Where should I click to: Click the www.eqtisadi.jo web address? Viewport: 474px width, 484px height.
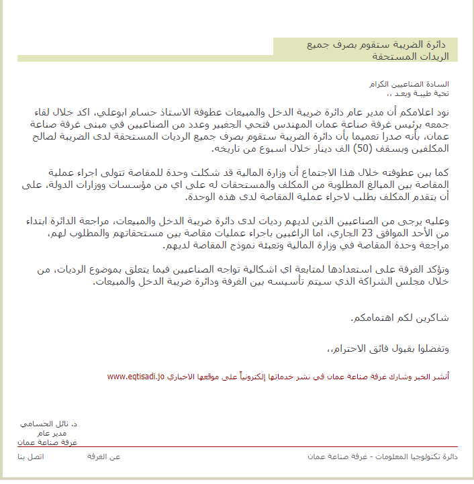[136, 377]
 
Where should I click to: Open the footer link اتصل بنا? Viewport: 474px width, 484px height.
[30, 456]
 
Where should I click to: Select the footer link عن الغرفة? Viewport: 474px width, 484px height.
[104, 456]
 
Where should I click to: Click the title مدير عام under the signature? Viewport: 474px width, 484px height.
[63, 434]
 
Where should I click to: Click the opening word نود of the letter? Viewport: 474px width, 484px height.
[449, 111]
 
